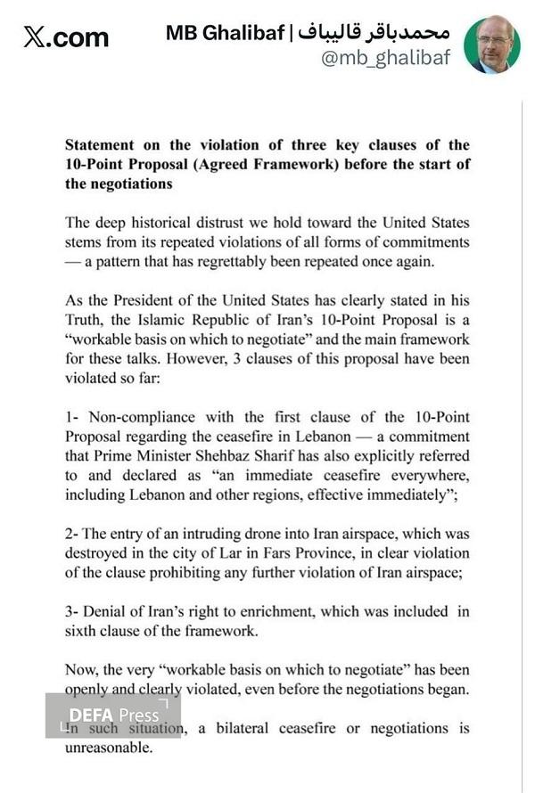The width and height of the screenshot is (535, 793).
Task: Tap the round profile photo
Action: pyautogui.click(x=492, y=45)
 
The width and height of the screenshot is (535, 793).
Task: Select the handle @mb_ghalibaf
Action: pyautogui.click(x=385, y=59)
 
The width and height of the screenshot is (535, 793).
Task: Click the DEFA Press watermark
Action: pyautogui.click(x=113, y=715)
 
